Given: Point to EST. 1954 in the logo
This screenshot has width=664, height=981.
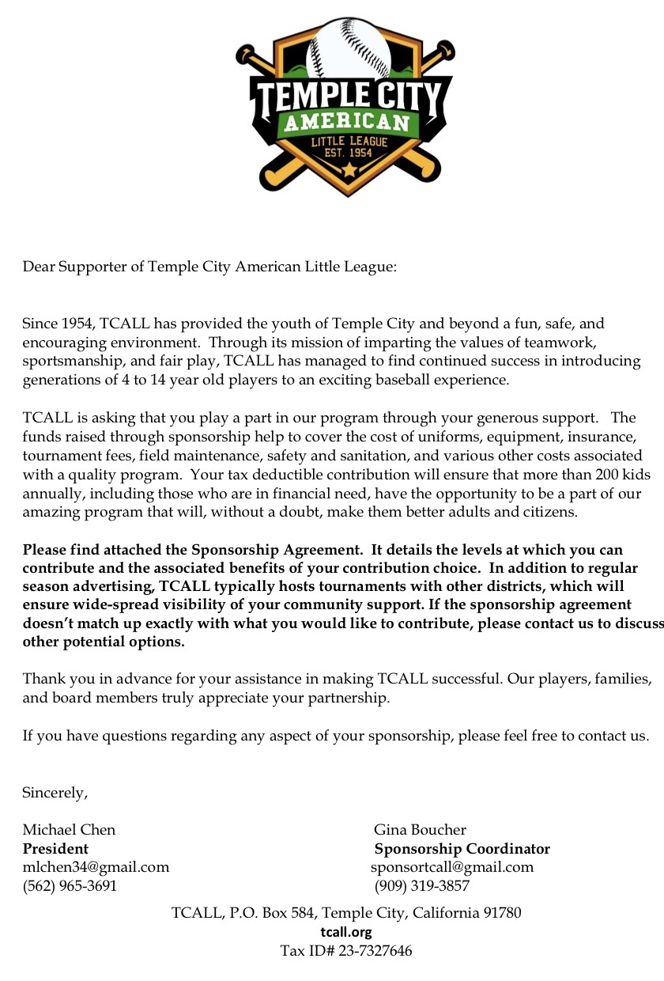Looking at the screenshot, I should coord(348,153).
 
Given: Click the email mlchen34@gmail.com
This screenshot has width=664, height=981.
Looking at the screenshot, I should coord(96,866).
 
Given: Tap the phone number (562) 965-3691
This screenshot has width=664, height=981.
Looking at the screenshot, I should coord(70,885).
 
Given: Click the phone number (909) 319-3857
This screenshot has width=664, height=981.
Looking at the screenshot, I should coord(422,885).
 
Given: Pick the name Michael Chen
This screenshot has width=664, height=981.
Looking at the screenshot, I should coord(69,829).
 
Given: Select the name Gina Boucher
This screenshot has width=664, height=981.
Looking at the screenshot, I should coord(420,829).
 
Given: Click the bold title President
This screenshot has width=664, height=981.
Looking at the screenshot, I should coord(55,848).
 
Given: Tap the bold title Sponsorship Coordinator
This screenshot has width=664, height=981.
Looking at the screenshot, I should coord(462,848).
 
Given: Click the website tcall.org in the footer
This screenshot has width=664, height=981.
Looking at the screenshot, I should coord(346,931).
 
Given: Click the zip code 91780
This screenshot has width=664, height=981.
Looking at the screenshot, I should coord(500,912).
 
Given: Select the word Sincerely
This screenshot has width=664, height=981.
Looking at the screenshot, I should coord(55,792).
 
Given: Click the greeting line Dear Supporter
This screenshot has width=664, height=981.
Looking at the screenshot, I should coord(209,266).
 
